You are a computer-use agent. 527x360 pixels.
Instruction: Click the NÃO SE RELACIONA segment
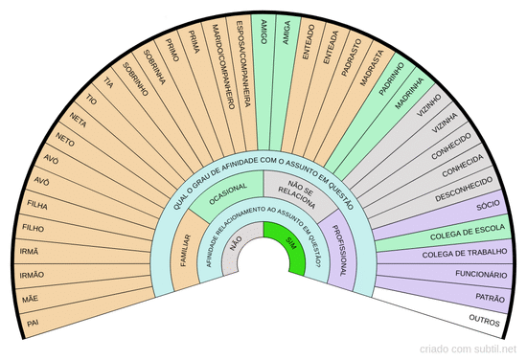tap(297, 193)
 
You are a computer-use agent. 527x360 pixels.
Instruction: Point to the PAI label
tap(33, 323)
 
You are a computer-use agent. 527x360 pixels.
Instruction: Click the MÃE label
tap(31, 299)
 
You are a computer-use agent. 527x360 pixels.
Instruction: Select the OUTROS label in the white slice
tap(484, 320)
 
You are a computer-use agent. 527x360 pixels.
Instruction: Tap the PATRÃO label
tap(490, 297)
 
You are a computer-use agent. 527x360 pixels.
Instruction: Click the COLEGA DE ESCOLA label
tap(468, 232)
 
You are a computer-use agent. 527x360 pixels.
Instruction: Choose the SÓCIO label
tap(488, 205)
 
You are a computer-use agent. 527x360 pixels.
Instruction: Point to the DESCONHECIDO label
tap(464, 189)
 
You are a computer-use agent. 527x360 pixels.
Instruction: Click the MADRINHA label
tap(409, 93)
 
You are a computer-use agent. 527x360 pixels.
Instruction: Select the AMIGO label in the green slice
tap(263, 32)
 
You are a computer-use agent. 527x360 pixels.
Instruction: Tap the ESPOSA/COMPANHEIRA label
tap(243, 64)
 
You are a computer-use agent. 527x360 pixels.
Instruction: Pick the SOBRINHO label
tap(135, 79)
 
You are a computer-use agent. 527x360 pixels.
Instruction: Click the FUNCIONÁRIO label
tap(481, 274)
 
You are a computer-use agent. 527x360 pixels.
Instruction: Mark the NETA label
tap(78, 120)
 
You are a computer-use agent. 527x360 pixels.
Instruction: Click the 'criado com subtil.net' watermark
tap(468, 349)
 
